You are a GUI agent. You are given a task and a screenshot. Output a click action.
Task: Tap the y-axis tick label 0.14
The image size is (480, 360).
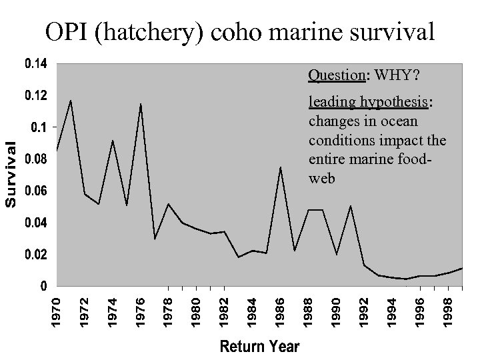tap(35, 64)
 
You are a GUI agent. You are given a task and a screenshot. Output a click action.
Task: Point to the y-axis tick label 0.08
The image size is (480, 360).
tap(35, 159)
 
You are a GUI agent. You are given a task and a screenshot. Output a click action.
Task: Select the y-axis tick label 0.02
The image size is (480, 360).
tap(35, 255)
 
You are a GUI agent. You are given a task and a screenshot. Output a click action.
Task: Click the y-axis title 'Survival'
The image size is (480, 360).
tap(11, 175)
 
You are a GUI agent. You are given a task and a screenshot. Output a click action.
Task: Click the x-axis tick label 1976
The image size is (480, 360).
tap(141, 313)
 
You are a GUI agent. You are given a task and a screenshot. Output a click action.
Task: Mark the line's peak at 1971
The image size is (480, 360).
tap(71, 101)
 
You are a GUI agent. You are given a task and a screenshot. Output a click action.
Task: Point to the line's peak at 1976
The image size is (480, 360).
tap(141, 104)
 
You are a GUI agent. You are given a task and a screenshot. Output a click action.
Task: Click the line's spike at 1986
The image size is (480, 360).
tap(281, 167)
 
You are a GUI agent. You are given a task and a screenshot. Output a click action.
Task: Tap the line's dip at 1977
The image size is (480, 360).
tap(155, 239)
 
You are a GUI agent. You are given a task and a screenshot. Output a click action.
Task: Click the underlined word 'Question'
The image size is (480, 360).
tap(336, 75)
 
